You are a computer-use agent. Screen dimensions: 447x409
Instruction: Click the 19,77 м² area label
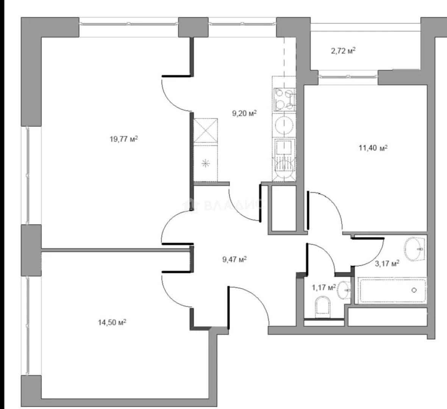[124, 139]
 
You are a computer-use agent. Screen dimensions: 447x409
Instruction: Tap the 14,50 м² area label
[112, 322]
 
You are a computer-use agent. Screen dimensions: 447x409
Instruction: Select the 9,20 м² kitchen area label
[244, 114]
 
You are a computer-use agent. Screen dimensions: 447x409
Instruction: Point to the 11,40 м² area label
[373, 148]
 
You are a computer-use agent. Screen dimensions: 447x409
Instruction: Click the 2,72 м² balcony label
[343, 51]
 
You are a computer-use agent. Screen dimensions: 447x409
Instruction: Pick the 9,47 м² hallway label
[234, 259]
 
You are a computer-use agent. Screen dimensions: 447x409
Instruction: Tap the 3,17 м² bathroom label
[387, 264]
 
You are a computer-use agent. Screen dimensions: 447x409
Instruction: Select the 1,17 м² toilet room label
[324, 287]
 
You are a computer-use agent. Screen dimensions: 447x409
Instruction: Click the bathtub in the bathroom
[393, 290]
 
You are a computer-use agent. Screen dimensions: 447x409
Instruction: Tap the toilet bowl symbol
[323, 307]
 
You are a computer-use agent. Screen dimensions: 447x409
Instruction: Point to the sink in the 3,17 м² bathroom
[414, 248]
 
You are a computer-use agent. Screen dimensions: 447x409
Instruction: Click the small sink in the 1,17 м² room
[344, 290]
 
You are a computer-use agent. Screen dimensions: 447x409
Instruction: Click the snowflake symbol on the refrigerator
[206, 164]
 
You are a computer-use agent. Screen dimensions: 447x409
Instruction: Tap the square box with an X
[206, 130]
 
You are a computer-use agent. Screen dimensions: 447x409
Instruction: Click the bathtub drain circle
[414, 290]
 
